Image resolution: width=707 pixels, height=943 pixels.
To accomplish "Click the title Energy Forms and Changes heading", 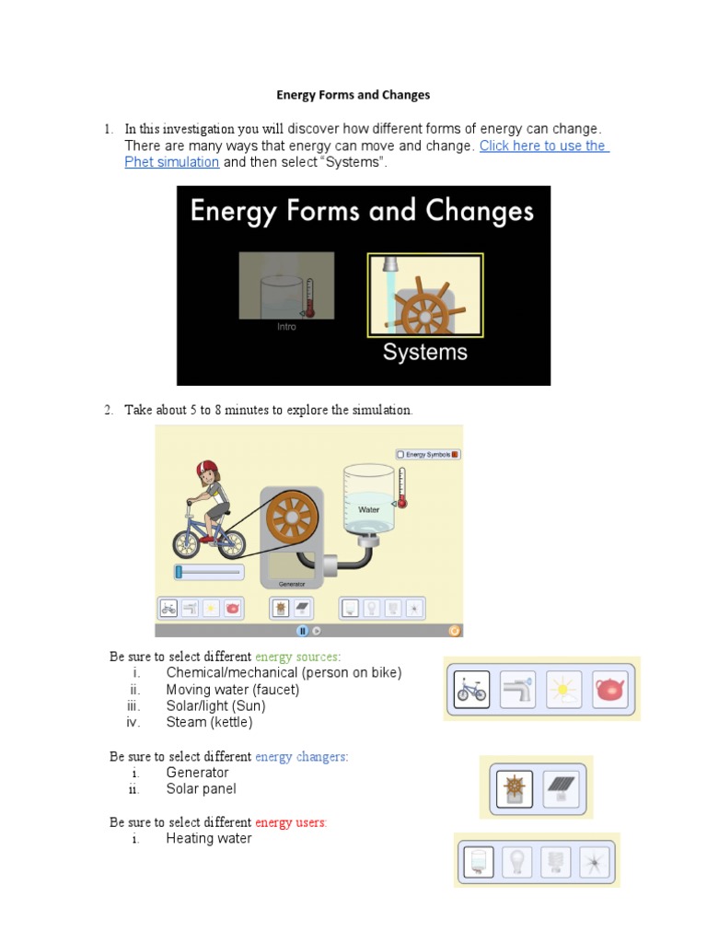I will (x=353, y=95).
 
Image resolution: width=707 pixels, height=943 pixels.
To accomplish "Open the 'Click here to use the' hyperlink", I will (x=543, y=146).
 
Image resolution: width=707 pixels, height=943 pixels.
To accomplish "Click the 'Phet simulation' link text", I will (x=171, y=162).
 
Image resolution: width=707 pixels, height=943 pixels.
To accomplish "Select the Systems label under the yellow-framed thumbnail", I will (x=424, y=352).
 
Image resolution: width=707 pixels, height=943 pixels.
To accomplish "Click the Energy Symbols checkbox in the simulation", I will (x=400, y=454).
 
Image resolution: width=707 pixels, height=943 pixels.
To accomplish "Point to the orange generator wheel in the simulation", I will (x=290, y=520).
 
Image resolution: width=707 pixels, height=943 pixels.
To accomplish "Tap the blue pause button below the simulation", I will (x=301, y=631).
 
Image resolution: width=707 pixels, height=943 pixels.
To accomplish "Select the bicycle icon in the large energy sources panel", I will (x=472, y=689).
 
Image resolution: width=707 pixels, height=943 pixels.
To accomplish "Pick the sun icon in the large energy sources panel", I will (x=563, y=689).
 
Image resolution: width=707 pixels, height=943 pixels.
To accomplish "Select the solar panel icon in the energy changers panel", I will (x=559, y=787).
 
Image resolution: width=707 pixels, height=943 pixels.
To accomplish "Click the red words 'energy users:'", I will (x=291, y=822).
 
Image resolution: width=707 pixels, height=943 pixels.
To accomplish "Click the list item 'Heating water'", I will (x=209, y=839).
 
